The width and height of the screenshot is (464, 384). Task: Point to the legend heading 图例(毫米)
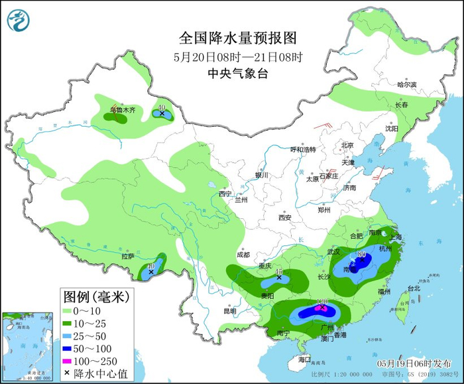[97, 294]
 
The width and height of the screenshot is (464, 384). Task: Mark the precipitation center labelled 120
[323, 307]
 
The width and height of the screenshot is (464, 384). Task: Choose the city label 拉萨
[127, 256]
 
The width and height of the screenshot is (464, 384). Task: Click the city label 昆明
[229, 310]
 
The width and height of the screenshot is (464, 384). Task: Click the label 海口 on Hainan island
[304, 359]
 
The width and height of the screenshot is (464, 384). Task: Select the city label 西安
[284, 217]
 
